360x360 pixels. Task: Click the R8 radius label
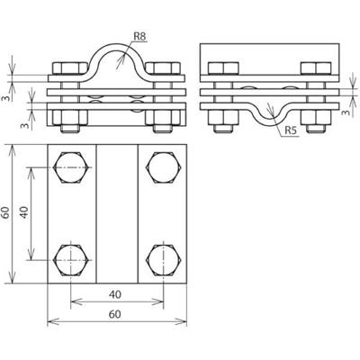point(139,37)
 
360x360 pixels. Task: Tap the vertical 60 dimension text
point(7,212)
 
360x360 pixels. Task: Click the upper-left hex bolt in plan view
point(72,167)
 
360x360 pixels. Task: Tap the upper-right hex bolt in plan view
point(162,167)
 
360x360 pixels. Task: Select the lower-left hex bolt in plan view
point(72,257)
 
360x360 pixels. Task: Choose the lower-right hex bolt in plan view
point(162,257)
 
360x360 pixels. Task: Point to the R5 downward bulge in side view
point(269,112)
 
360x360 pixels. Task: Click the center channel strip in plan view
point(117,212)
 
